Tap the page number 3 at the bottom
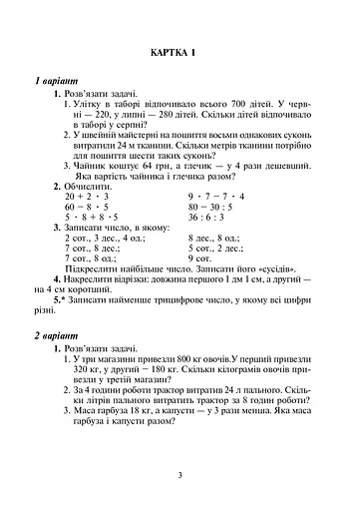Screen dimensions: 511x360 click(x=180, y=474)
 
